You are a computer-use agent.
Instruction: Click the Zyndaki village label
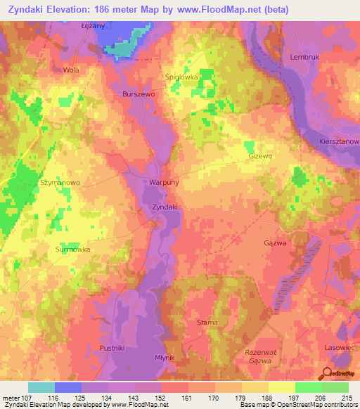pos(165,207)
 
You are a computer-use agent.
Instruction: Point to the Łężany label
pos(92,25)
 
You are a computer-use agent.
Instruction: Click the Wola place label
pos(71,70)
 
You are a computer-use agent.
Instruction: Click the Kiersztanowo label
pos(340,141)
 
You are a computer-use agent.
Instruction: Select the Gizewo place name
pos(259,157)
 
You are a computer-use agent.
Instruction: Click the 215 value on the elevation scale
pos(346,398)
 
